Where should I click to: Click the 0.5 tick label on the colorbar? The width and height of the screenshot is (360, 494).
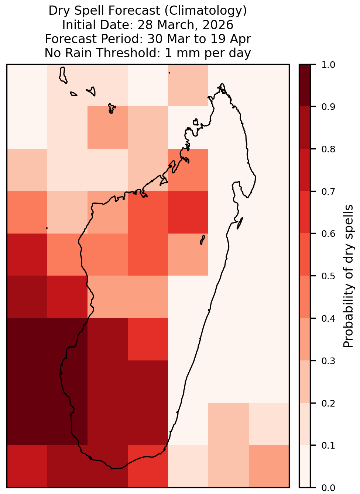[x=328, y=276]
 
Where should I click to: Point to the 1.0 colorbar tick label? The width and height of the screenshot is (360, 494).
[x=328, y=65]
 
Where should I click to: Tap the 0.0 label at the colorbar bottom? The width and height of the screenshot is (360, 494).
[x=328, y=488]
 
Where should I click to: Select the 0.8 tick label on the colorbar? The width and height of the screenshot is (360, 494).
[x=328, y=149]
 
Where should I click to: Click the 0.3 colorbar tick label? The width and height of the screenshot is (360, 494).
[x=328, y=361]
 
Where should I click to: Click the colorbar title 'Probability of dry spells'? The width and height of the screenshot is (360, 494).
[x=348, y=276]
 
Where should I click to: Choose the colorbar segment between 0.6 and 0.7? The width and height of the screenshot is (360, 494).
[x=305, y=212]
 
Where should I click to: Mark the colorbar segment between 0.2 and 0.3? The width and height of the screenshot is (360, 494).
[x=305, y=382]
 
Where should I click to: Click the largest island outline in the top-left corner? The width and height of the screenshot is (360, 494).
[x=63, y=75]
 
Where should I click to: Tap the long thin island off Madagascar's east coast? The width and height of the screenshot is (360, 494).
[x=240, y=223]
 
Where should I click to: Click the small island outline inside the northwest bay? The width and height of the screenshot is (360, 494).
[x=195, y=122]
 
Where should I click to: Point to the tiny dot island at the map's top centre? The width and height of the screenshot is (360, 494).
[x=169, y=73]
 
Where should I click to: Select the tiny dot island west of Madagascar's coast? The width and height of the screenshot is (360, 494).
[x=47, y=228]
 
